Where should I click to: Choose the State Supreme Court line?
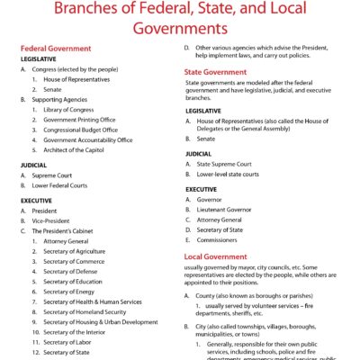[x=229, y=165]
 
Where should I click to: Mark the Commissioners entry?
[x=220, y=239]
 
